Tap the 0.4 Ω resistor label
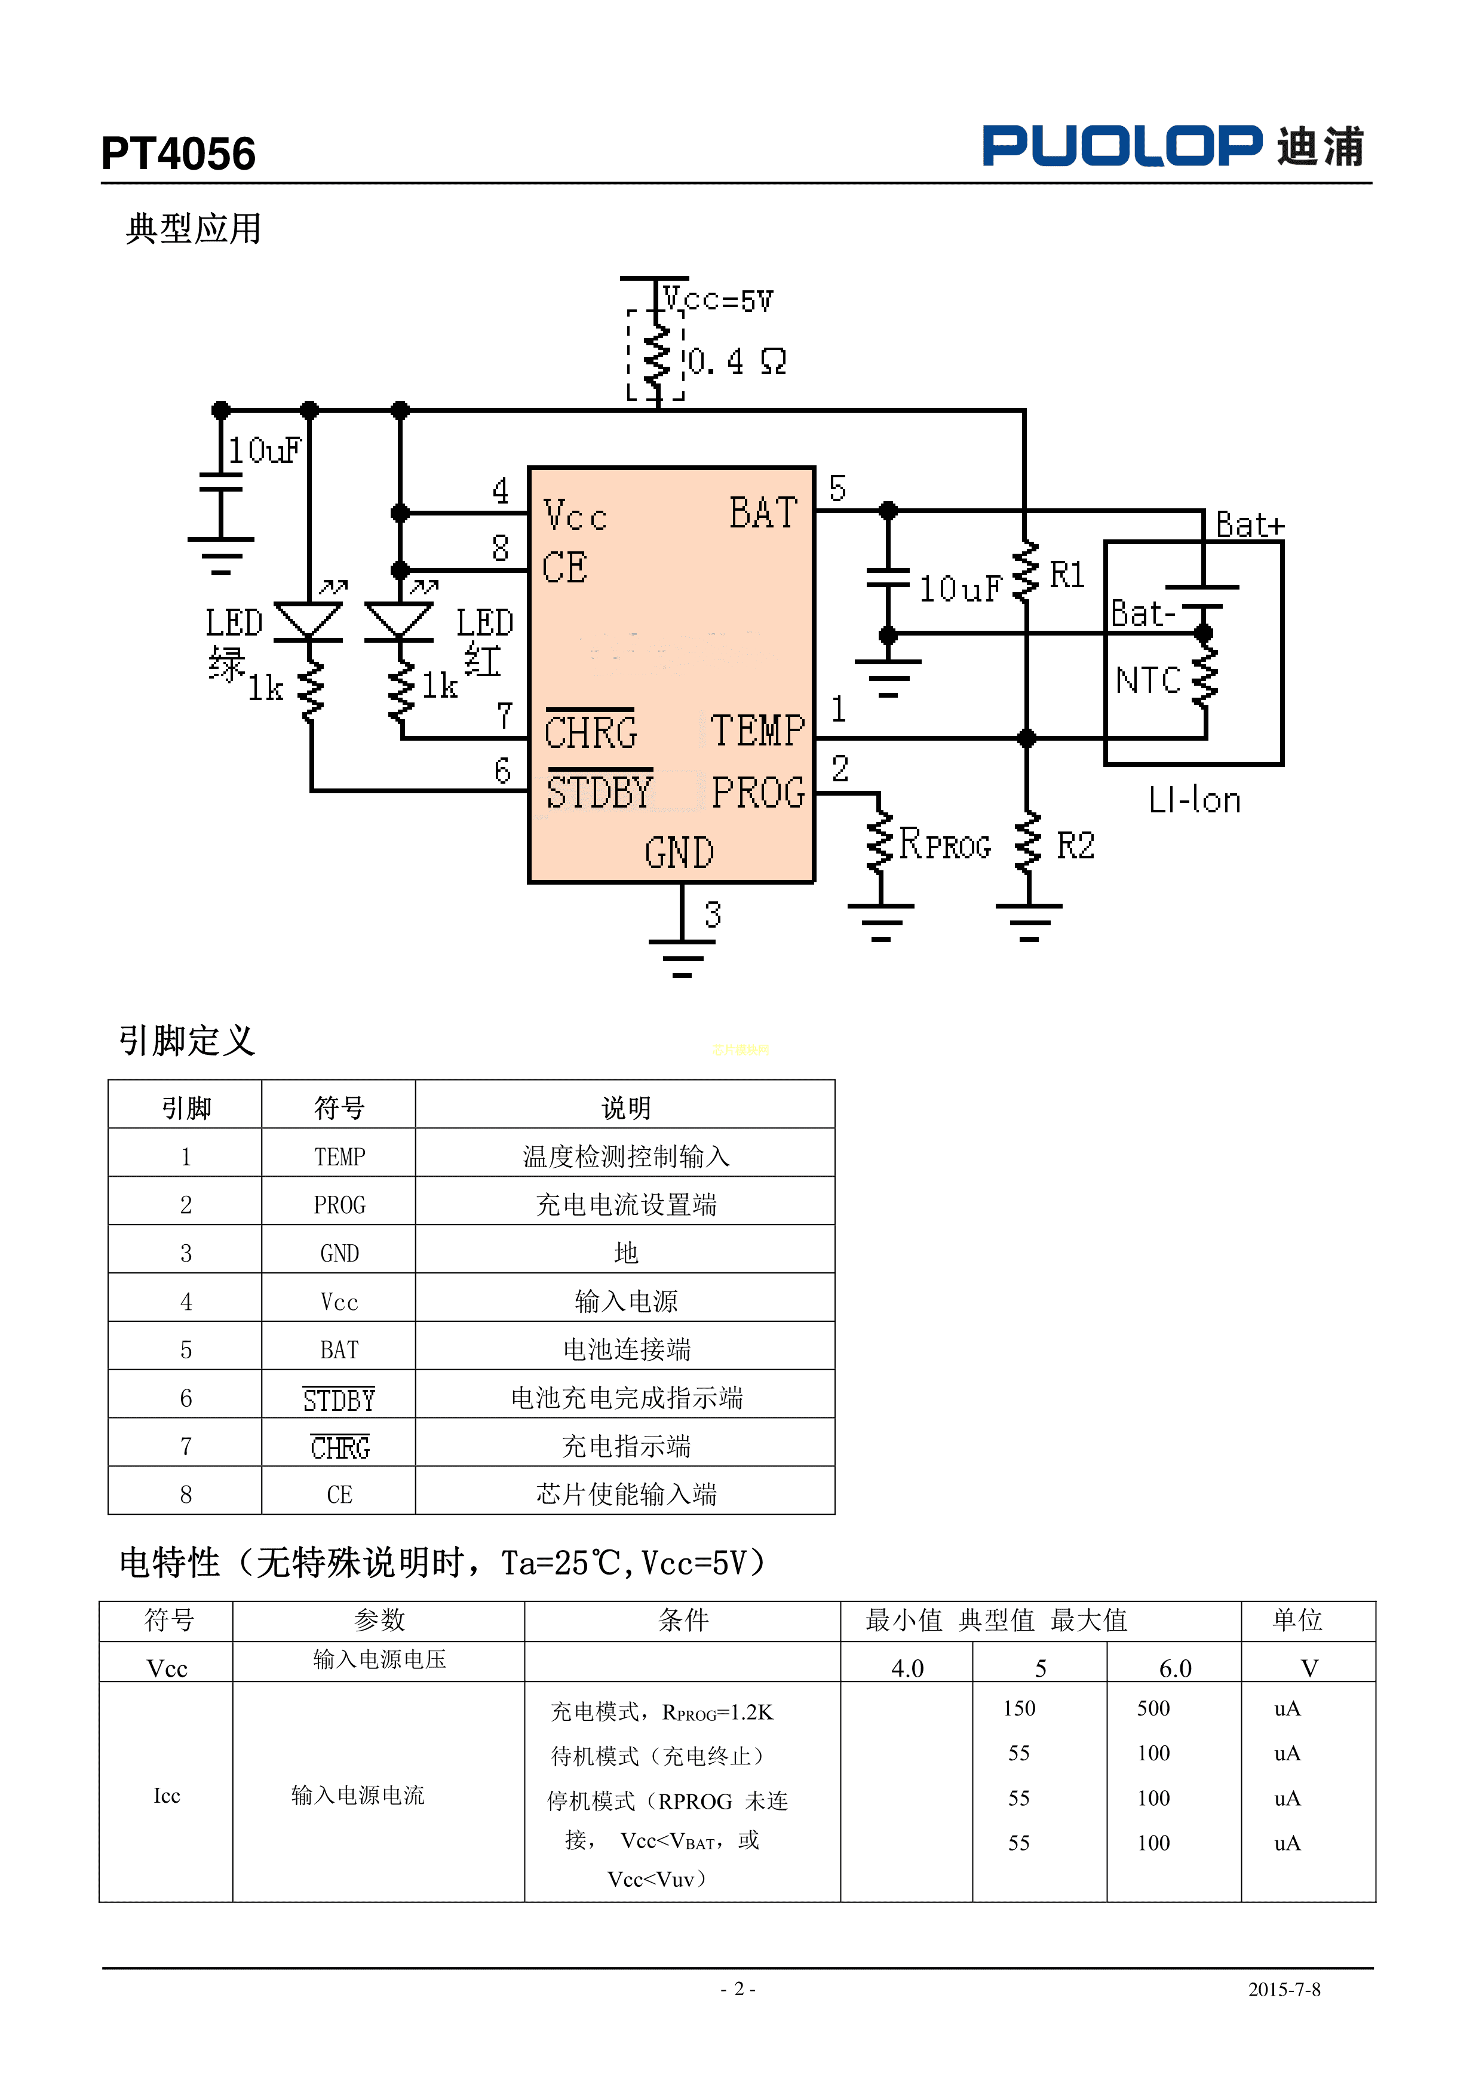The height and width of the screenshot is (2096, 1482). [736, 361]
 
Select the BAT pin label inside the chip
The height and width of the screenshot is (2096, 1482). [763, 513]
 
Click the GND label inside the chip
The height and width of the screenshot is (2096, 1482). [679, 852]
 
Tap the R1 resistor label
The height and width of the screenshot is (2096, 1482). [1066, 575]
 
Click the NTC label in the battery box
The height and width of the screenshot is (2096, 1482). [1148, 680]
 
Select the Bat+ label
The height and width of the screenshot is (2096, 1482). [1249, 525]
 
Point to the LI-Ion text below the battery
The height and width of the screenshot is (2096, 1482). [1194, 800]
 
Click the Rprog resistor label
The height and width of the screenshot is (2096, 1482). [944, 845]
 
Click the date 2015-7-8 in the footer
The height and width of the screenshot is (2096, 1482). [1284, 1989]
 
